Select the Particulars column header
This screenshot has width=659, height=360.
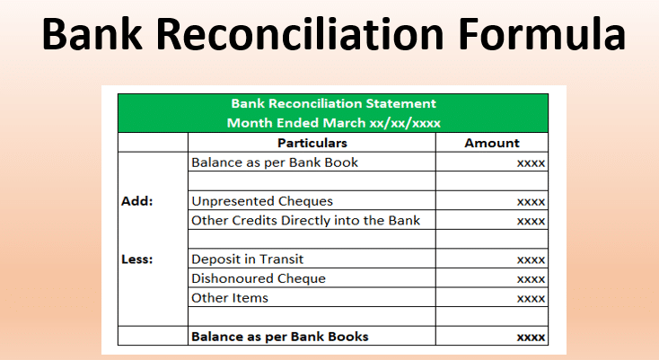pyautogui.click(x=312, y=143)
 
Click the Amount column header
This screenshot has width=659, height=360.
pyautogui.click(x=492, y=143)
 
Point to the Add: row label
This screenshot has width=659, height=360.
pyautogui.click(x=137, y=201)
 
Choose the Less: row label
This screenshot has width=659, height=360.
pyautogui.click(x=137, y=259)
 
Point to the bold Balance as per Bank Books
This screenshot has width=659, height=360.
pyautogui.click(x=280, y=337)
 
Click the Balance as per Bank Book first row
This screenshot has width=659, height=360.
pyautogui.click(x=275, y=162)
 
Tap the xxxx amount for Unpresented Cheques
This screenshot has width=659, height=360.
pyautogui.click(x=531, y=202)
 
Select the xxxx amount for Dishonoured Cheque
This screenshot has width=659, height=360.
pyautogui.click(x=531, y=279)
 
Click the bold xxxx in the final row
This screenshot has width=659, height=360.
pyautogui.click(x=531, y=338)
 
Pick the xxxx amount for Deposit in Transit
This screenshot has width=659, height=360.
pyautogui.click(x=531, y=260)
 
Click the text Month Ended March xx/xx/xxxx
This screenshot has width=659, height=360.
pyautogui.click(x=334, y=123)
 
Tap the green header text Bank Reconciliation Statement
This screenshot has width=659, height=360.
pyautogui.click(x=334, y=103)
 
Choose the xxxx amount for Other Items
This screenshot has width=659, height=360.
pyautogui.click(x=531, y=299)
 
